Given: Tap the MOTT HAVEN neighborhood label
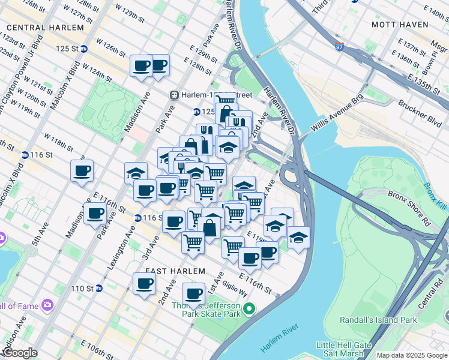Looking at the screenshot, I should [399, 25].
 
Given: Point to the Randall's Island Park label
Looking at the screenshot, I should [378, 320].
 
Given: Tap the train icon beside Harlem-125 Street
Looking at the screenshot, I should [174, 94].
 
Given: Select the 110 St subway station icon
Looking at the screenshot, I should [99, 289].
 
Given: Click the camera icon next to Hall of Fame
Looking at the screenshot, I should [47, 306].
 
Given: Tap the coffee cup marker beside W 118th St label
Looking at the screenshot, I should [82, 172].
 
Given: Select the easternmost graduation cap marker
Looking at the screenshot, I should [298, 238].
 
